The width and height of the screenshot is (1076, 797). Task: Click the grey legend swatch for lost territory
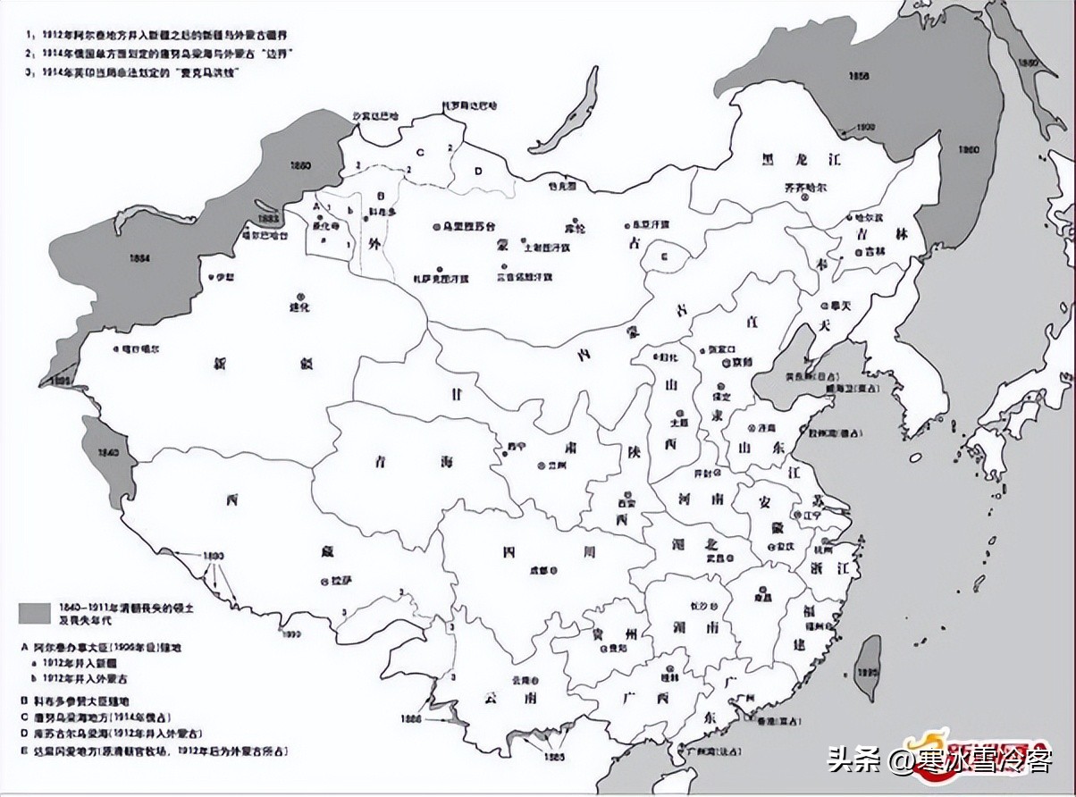(34, 613)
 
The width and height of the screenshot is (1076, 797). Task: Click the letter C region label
(419, 150)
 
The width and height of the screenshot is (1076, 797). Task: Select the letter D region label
(478, 170)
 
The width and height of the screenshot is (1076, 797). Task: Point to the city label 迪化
(298, 307)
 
